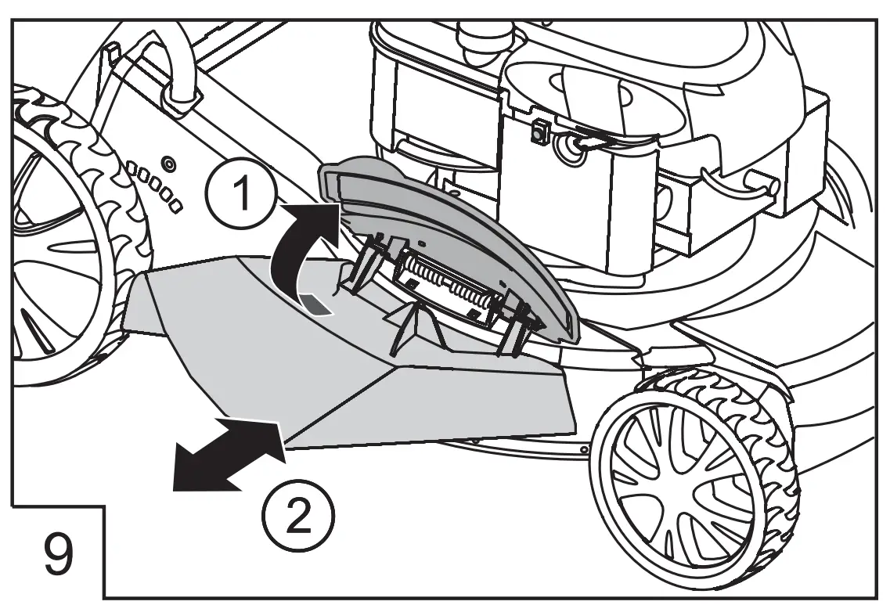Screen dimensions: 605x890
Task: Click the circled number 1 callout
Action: (243, 191)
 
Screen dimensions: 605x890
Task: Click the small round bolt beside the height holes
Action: (169, 165)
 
